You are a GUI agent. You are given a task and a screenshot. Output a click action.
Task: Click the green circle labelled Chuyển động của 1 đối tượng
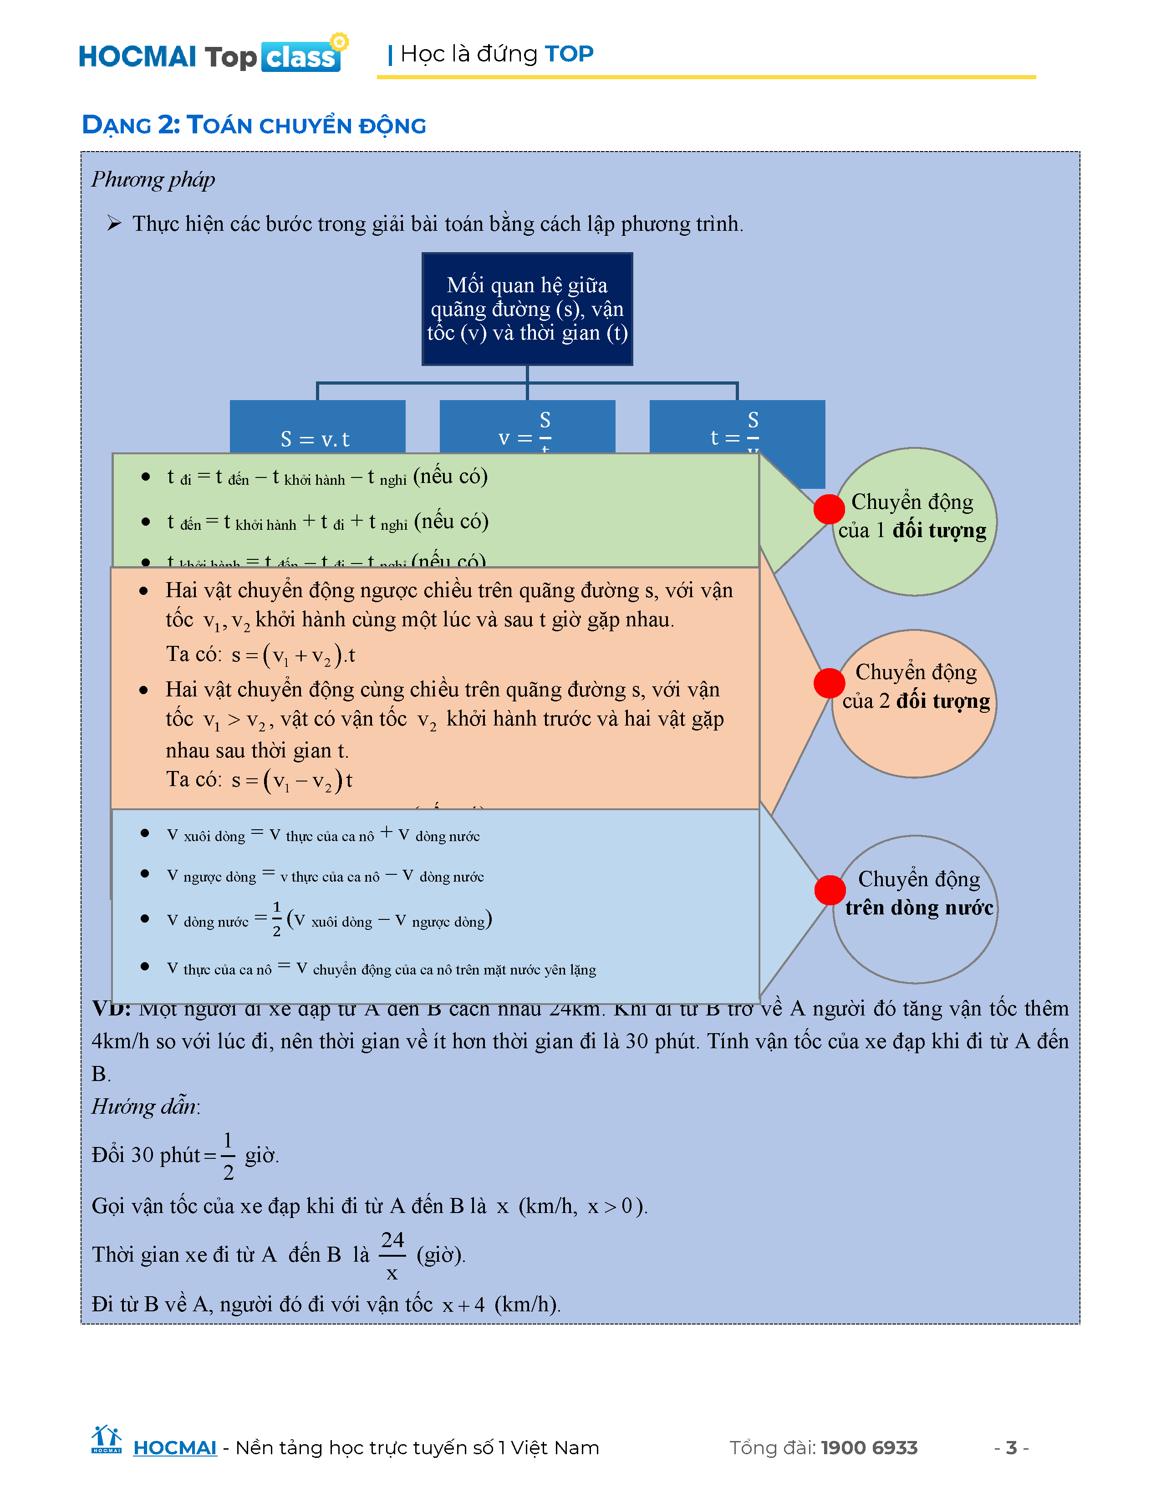point(914,521)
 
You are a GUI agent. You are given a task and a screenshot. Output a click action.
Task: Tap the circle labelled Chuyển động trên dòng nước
point(916,909)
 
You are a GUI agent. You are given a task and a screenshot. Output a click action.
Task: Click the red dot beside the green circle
point(829,509)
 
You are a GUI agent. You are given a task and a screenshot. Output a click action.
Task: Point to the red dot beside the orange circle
point(829,683)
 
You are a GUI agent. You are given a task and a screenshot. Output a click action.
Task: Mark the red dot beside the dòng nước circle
point(830,890)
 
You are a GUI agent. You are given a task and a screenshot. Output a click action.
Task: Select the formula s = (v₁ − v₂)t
point(292,781)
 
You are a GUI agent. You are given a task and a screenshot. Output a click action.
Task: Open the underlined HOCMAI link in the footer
point(175,1448)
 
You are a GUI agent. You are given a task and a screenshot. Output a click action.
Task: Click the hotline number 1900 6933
point(869,1448)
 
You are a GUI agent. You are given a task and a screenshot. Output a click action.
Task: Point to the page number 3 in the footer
point(1011,1448)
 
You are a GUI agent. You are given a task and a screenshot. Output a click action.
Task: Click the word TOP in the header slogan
point(569,54)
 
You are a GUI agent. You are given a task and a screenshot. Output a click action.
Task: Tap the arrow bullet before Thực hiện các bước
point(114,223)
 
